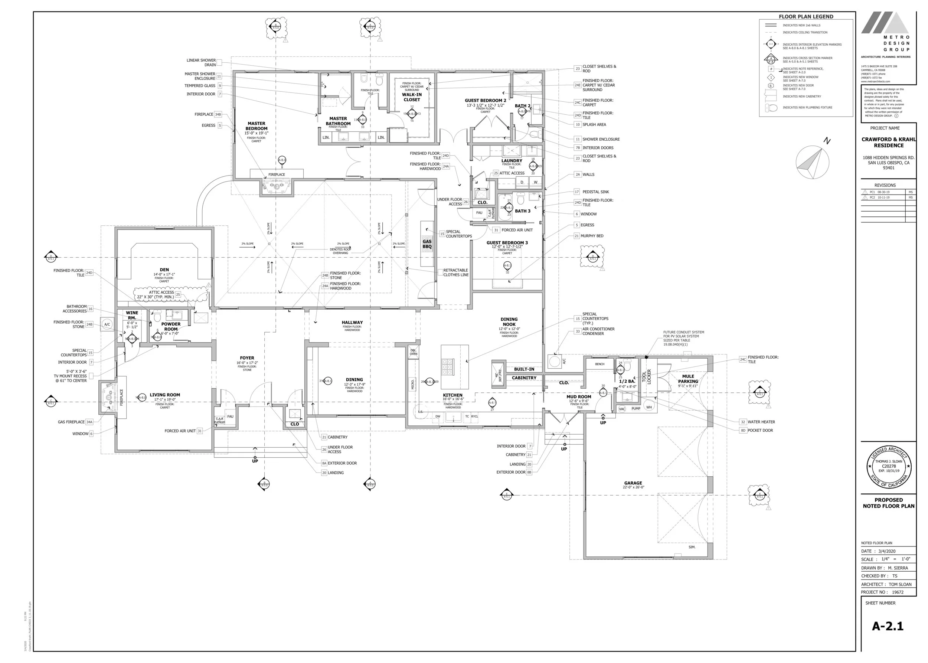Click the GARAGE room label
(x=633, y=483)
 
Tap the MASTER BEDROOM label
(x=256, y=126)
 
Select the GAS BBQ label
(x=427, y=244)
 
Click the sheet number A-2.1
(x=888, y=626)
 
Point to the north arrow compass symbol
(x=812, y=162)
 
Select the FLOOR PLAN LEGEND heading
(x=806, y=17)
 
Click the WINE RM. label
(x=132, y=315)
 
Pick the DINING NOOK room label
(x=509, y=322)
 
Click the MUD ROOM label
(x=579, y=396)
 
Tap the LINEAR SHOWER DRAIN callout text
(x=201, y=62)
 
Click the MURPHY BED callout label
(x=592, y=236)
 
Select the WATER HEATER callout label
(x=761, y=422)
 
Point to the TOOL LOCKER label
(x=646, y=376)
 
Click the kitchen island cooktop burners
(x=447, y=367)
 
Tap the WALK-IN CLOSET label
(x=412, y=97)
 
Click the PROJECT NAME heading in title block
(x=885, y=128)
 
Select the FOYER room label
(x=247, y=357)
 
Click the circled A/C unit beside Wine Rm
(x=107, y=324)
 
